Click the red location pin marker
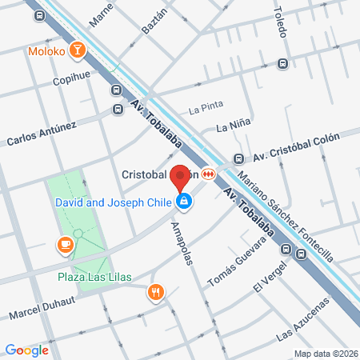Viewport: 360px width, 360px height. [181, 176]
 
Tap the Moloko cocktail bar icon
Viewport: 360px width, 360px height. [78, 51]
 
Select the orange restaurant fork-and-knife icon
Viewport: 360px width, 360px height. [156, 293]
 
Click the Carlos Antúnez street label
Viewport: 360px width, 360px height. [42, 133]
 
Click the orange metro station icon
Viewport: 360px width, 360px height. [209, 174]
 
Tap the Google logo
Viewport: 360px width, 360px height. [26, 350]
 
